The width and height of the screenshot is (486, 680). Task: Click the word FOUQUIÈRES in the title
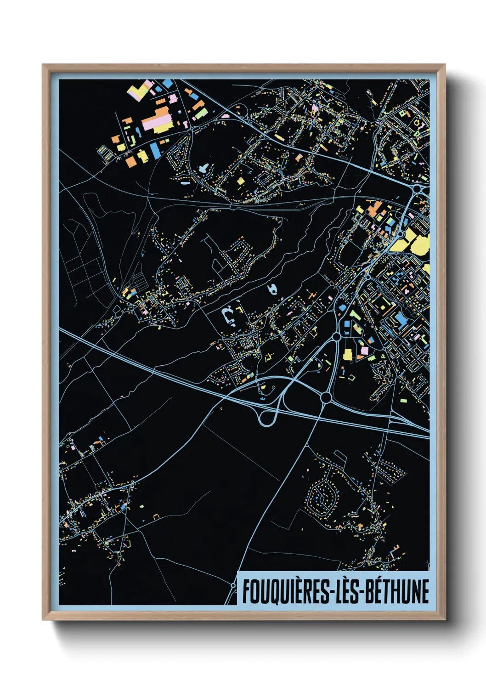click(284, 591)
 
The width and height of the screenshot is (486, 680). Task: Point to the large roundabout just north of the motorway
click(326, 397)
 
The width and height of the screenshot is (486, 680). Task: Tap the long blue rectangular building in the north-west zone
click(155, 149)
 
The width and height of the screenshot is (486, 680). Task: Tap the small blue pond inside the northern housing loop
click(204, 168)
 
